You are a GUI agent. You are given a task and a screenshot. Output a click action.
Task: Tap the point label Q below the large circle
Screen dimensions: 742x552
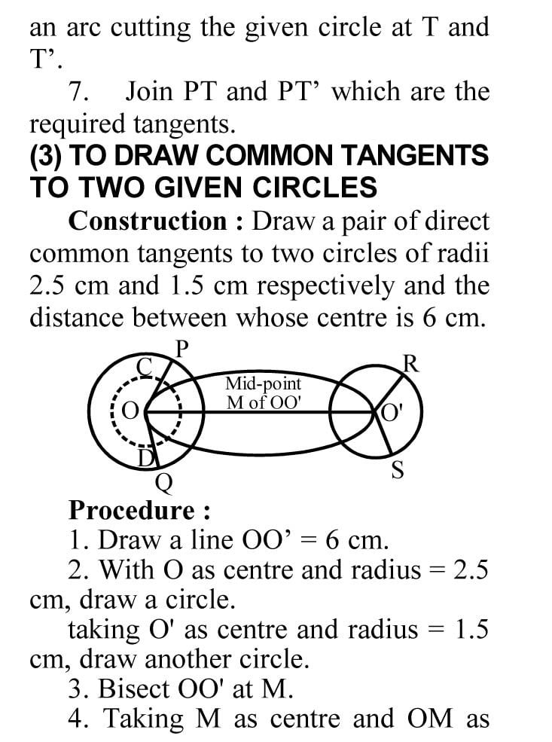pos(162,480)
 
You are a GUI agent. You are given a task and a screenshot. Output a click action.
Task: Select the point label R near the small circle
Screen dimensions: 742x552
pos(410,364)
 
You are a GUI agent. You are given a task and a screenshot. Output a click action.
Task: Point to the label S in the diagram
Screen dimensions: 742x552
pos(398,472)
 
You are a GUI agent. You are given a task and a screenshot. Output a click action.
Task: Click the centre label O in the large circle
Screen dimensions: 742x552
pos(130,412)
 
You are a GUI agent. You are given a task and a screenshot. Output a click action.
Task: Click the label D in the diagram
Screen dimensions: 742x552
pos(148,456)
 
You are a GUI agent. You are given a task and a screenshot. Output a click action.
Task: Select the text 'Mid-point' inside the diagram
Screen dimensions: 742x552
pos(263,383)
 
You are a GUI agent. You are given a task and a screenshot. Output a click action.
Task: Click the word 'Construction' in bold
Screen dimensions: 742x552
pos(148,221)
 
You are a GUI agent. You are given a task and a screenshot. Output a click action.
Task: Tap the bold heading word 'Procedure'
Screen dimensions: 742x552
pos(132,510)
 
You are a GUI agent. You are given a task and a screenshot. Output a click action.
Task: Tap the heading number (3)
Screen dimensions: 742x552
pos(46,156)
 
